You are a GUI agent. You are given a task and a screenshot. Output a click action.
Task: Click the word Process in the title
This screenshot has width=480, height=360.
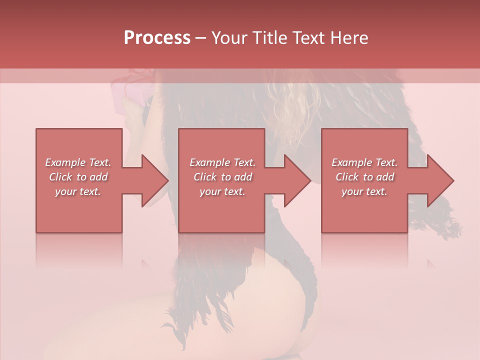[157, 37]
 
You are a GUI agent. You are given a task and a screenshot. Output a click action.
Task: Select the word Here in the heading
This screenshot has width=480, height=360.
[349, 37]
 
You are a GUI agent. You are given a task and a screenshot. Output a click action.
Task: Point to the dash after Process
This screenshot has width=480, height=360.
[200, 38]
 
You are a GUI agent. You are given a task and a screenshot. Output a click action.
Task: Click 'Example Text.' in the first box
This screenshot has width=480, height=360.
[78, 162]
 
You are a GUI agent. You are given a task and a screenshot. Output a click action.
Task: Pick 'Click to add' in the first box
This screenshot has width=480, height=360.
[78, 177]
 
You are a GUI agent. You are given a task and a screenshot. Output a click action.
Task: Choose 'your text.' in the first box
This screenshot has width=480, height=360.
[78, 191]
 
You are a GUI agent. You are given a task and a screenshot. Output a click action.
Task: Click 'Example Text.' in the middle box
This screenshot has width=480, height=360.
[222, 162]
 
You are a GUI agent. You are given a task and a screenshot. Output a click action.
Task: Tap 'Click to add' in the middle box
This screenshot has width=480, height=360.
[222, 177]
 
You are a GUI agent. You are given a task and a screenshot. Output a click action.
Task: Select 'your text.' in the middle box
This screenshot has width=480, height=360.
[222, 191]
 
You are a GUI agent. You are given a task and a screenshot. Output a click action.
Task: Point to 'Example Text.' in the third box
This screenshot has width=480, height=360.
[364, 162]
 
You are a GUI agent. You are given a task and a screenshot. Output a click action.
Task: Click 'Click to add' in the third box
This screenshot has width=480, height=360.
[364, 177]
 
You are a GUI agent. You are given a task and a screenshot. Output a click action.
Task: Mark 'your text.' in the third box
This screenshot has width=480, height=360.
[364, 191]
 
